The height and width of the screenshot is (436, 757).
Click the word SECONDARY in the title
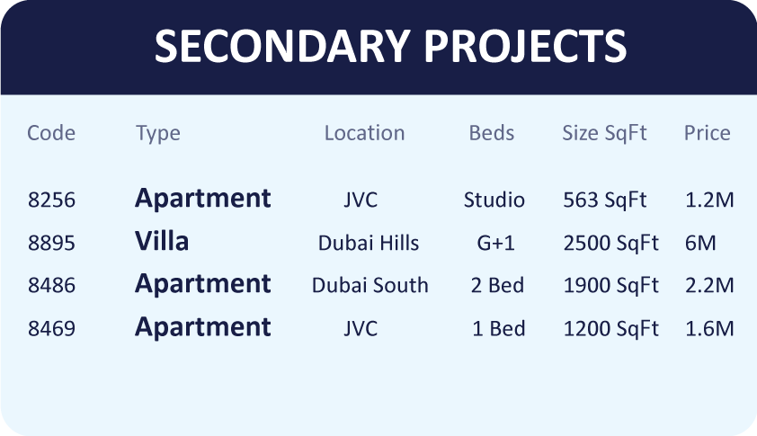coord(282,46)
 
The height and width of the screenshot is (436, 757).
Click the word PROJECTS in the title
coord(525,46)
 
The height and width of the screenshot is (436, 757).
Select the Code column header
coord(51,133)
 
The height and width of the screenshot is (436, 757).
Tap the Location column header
coord(364,133)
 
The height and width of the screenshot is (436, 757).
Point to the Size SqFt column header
coord(604,133)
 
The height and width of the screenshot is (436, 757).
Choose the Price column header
coord(708,133)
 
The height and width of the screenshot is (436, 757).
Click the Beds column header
coord(492,133)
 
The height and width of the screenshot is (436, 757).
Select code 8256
coord(51,200)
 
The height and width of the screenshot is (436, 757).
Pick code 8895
coord(51,243)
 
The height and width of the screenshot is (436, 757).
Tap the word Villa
coord(162,241)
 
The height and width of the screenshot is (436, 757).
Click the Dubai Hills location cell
coord(369,243)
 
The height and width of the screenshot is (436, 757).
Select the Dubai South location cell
coord(370,285)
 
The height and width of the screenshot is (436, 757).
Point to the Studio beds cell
coord(494,200)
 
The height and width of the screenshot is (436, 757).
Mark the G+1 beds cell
coord(495,243)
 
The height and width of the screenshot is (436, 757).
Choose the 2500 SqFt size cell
coord(610,244)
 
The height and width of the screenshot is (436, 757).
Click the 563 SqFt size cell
coord(604,200)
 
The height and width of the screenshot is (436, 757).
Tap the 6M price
coord(700,243)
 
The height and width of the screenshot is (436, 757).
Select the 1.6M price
coord(709,329)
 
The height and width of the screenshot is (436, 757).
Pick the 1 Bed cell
coord(499,329)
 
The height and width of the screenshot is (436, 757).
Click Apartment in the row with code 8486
coord(203,284)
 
